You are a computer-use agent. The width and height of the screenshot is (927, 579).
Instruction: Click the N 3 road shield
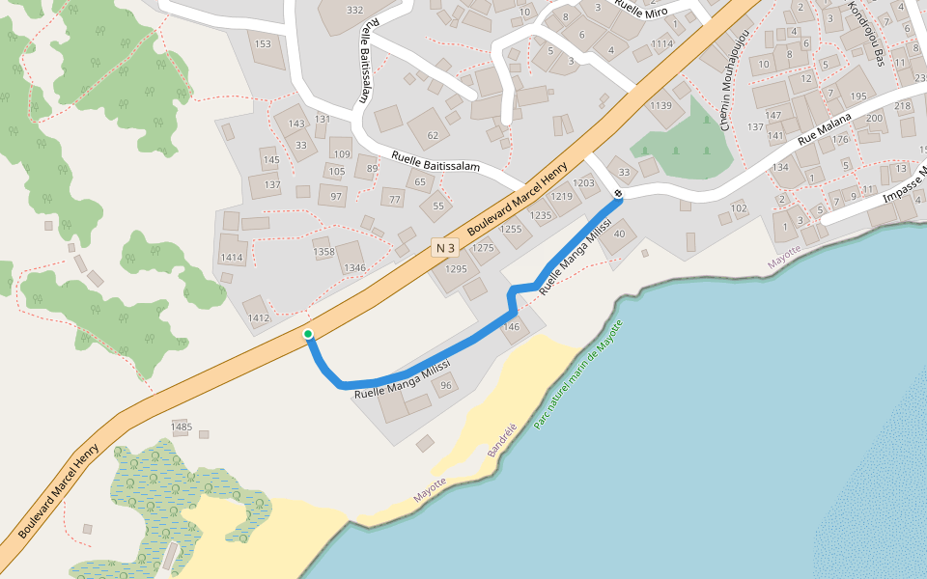pos(444,247)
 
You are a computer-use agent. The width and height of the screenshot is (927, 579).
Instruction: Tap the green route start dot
pos(308,335)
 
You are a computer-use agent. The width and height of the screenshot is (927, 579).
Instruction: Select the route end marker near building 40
pos(618,195)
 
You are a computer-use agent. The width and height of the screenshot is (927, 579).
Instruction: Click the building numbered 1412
pos(258,317)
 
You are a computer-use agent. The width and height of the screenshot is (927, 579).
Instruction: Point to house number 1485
pos(182,427)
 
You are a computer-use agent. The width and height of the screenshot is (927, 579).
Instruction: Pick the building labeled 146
pos(511,327)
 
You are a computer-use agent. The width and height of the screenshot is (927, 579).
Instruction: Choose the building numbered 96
pos(445,386)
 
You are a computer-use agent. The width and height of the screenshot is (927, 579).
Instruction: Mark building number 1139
pos(660,105)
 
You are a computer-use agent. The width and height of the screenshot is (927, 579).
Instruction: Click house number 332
pos(354,11)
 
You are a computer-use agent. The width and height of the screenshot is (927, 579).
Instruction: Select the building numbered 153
pos(262,44)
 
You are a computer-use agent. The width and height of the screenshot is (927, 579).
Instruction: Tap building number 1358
pos(324,252)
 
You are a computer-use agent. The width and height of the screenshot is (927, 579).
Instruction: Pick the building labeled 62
pos(433,135)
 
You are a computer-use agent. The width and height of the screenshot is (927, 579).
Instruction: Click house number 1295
pos(456,269)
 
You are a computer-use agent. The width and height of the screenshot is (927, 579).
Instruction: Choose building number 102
pos(740,207)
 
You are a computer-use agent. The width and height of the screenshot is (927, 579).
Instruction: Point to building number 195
pos(858,96)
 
